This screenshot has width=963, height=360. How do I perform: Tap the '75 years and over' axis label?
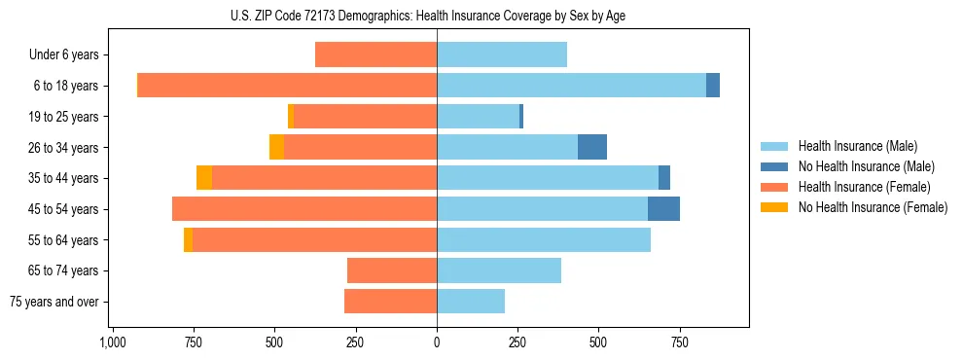point(53,302)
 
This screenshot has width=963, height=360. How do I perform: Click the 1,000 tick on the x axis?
point(113,342)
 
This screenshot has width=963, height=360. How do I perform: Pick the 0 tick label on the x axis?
point(437,342)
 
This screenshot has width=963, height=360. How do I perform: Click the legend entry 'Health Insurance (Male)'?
point(857,146)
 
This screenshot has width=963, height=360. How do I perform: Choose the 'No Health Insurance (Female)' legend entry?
point(872,207)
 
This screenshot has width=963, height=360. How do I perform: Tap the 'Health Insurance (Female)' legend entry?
point(864,187)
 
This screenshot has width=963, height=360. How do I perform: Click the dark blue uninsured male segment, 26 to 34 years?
point(592,147)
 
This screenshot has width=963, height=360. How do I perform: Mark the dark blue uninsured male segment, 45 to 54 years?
point(663,208)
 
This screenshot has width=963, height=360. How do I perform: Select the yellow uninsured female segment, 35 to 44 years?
point(204,178)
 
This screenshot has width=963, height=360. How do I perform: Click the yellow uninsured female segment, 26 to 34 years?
point(277,147)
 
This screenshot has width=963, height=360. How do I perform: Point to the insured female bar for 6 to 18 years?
point(287,86)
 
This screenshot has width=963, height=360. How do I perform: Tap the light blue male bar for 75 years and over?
point(471,302)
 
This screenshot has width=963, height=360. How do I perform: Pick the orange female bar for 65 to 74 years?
point(392,270)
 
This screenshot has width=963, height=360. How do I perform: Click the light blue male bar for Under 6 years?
point(502,54)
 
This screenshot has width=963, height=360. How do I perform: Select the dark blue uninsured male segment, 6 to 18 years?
point(713,86)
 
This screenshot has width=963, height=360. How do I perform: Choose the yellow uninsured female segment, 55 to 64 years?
point(188,239)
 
